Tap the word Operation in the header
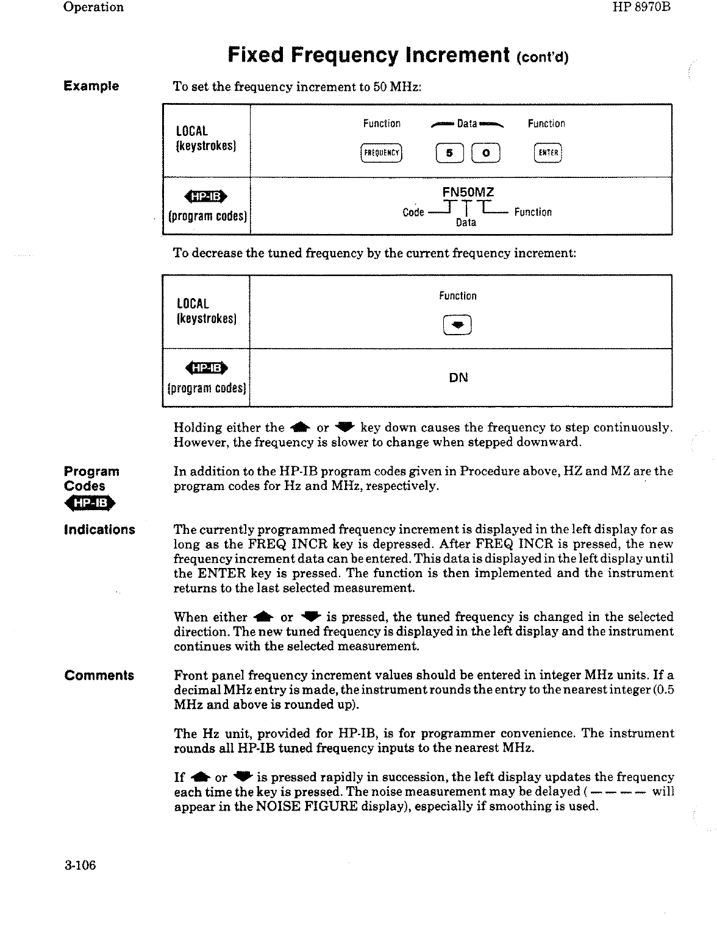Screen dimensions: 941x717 tap(93, 7)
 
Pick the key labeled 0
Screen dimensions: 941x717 tap(486, 152)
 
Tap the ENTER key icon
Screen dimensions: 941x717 tap(547, 152)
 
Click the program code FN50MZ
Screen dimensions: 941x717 tap(468, 193)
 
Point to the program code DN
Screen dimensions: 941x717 tap(458, 378)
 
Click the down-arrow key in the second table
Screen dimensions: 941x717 tap(458, 326)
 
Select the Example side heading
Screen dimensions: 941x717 tap(91, 86)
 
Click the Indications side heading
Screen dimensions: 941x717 tap(99, 530)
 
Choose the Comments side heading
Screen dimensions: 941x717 tap(99, 675)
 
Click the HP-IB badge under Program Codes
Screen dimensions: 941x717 tap(90, 503)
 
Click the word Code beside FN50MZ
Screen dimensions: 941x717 tap(413, 213)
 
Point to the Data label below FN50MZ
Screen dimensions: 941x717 tap(466, 223)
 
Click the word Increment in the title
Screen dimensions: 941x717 tap(457, 55)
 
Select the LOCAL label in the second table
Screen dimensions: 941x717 tap(193, 304)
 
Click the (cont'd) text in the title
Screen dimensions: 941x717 tap(543, 58)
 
